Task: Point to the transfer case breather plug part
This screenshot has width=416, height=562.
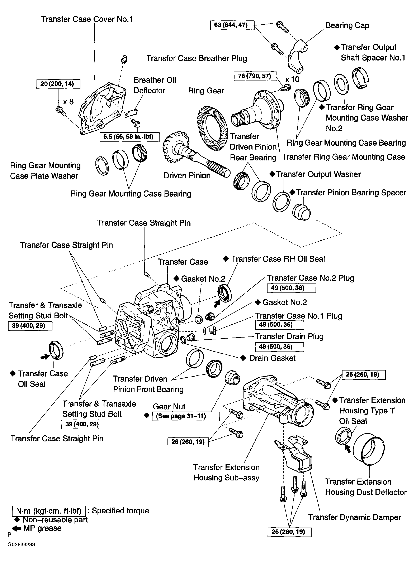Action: [x=123, y=59]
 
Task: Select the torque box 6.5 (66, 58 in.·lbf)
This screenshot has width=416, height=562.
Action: [x=129, y=137]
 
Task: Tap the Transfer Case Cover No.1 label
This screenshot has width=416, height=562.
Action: [x=87, y=19]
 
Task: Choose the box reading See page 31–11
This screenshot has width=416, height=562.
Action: [x=186, y=416]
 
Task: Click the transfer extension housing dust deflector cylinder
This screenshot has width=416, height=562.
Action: [x=369, y=450]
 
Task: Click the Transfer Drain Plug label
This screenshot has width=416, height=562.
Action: [x=289, y=336]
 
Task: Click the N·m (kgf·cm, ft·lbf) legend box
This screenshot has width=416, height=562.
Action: [x=49, y=511]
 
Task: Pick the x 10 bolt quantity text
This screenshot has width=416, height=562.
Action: [x=292, y=79]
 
